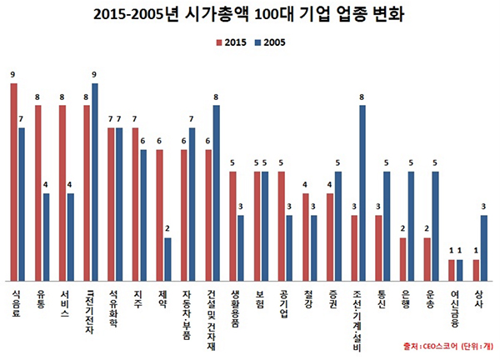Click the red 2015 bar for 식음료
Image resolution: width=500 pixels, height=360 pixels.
(14, 182)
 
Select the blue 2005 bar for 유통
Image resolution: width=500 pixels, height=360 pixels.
(47, 237)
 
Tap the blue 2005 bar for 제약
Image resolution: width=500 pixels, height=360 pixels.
(168, 259)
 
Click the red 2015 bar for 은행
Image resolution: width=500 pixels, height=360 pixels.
(402, 259)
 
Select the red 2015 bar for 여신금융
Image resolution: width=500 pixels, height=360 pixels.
(452, 271)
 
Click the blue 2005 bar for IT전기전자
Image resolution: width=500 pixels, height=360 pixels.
(95, 182)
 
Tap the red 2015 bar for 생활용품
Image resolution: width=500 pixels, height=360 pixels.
(233, 227)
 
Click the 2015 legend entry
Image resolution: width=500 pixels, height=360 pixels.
(232, 43)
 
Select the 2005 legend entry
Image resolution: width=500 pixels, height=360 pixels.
(276, 43)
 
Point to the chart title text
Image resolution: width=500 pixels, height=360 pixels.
(249, 16)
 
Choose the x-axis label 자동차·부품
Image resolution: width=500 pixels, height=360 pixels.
(188, 315)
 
